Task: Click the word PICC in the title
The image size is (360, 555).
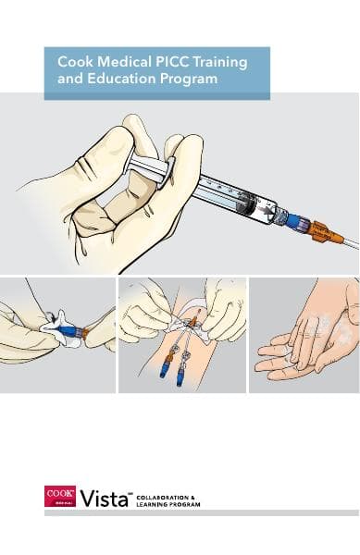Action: click(x=160, y=62)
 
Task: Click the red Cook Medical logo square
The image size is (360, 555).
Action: click(x=58, y=497)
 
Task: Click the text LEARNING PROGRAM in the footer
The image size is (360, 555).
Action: click(x=168, y=505)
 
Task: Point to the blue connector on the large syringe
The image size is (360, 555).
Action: click(x=295, y=220)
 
